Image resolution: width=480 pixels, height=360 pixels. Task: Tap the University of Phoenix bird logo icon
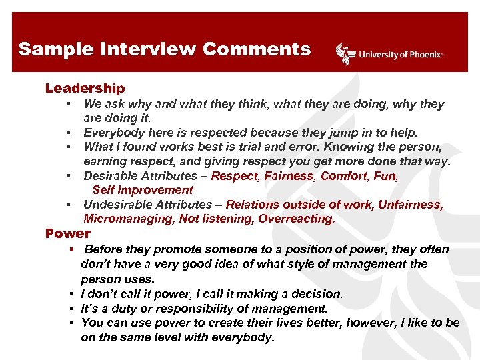click(345, 53)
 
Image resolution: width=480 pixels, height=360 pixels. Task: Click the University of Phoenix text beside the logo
click(401, 55)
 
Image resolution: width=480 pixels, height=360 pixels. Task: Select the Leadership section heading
click(85, 88)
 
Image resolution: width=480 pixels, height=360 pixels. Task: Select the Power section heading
click(67, 233)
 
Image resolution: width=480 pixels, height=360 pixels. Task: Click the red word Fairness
click(289, 176)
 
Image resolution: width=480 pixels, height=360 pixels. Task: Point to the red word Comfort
click(343, 176)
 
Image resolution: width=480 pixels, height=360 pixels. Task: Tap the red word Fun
click(386, 176)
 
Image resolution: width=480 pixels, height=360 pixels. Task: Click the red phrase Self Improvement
click(142, 191)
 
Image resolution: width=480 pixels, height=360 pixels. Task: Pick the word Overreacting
click(297, 219)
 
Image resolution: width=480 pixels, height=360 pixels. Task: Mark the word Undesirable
click(117, 205)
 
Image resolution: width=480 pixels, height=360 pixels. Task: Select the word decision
click(315, 294)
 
